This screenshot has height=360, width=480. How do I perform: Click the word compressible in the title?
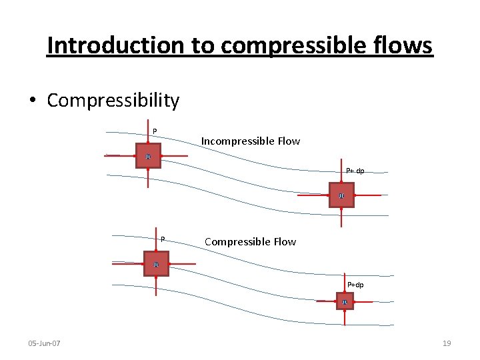click(294, 45)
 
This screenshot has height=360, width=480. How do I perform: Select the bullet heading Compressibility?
click(113, 100)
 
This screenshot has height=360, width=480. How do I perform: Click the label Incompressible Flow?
click(251, 141)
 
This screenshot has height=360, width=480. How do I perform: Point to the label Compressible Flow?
click(250, 241)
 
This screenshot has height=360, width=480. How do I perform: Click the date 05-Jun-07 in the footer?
click(44, 343)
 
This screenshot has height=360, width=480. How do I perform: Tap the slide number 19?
click(447, 343)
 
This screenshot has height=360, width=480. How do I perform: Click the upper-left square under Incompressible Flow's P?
click(148, 156)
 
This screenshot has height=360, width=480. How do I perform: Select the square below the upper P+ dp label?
click(341, 195)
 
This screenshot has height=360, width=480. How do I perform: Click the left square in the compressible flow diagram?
click(156, 264)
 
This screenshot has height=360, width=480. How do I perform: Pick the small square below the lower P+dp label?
click(345, 301)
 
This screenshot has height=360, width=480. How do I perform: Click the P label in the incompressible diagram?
click(155, 131)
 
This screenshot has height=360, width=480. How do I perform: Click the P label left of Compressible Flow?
click(162, 239)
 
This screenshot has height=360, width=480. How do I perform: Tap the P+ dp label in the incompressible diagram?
click(355, 171)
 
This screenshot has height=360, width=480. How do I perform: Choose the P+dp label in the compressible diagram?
click(355, 285)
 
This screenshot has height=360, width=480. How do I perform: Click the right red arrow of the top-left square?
click(174, 156)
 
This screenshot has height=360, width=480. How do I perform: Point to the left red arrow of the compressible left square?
click(129, 264)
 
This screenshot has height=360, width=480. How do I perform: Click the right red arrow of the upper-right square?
click(367, 195)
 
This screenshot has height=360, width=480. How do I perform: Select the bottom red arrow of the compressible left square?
click(156, 285)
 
